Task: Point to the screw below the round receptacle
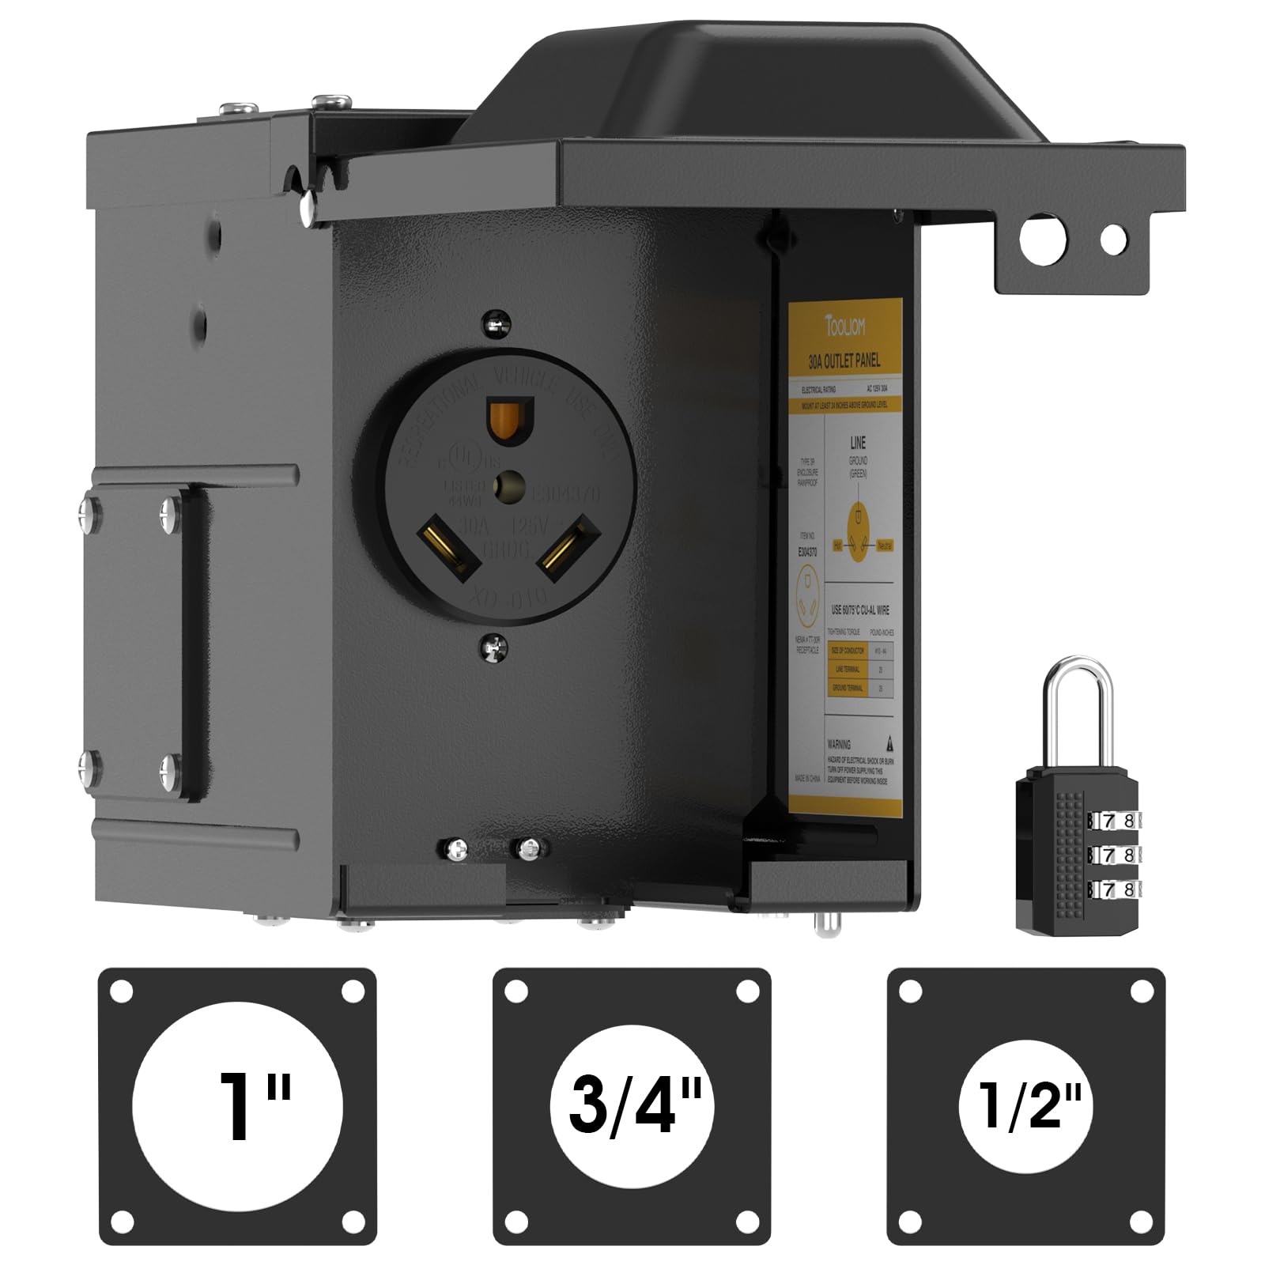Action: coord(494,648)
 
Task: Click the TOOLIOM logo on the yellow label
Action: coord(845,326)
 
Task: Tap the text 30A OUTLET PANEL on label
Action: coord(844,361)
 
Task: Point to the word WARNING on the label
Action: coord(839,744)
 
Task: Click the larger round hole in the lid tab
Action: coord(1042,238)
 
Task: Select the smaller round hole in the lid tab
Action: coord(1113,239)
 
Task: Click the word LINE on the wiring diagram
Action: coord(858,443)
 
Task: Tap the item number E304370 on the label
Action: coord(807,551)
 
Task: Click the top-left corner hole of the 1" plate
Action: coord(122,991)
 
